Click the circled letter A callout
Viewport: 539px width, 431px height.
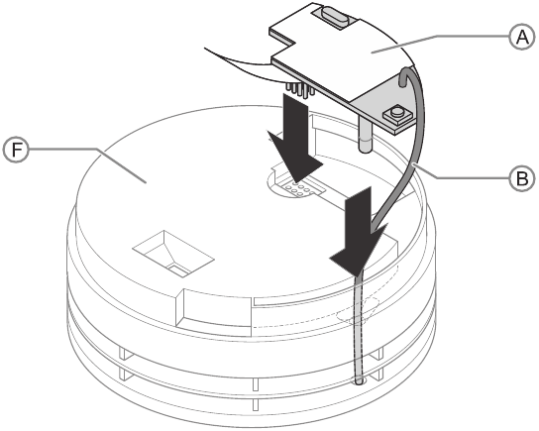(x=522, y=37)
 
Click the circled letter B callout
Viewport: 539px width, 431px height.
(x=522, y=178)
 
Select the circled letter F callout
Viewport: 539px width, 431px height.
(x=17, y=150)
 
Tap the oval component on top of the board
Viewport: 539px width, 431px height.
(x=332, y=16)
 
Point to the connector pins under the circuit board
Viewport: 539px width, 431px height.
(x=300, y=89)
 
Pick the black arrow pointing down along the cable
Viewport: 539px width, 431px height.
(x=359, y=230)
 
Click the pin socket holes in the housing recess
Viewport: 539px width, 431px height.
(x=298, y=188)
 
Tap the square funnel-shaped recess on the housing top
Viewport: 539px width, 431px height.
(x=173, y=253)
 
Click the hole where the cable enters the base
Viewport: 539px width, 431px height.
(x=359, y=380)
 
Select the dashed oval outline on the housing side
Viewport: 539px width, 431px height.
(x=358, y=311)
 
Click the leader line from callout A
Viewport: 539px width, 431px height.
(x=441, y=44)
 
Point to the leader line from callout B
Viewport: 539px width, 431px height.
(x=463, y=171)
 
